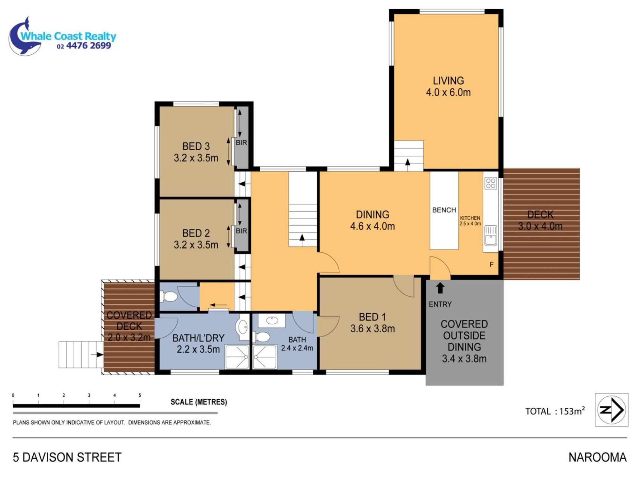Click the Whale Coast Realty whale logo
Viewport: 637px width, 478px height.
pyautogui.click(x=25, y=37)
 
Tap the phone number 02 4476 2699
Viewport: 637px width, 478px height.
pyautogui.click(x=84, y=46)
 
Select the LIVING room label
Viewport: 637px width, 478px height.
pyautogui.click(x=448, y=81)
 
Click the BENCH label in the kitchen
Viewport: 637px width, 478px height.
pyautogui.click(x=444, y=210)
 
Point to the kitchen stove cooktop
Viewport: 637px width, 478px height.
pyautogui.click(x=491, y=183)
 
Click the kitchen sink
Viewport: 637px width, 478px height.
pyautogui.click(x=491, y=236)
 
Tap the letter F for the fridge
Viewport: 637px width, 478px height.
pyautogui.click(x=491, y=265)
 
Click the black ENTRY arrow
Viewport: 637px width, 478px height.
pyautogui.click(x=440, y=288)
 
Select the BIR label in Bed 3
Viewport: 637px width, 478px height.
pyautogui.click(x=241, y=143)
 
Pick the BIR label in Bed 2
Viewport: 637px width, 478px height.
pyautogui.click(x=241, y=231)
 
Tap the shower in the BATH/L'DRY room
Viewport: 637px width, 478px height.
pyautogui.click(x=237, y=357)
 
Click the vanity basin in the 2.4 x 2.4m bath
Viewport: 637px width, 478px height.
pyautogui.click(x=272, y=320)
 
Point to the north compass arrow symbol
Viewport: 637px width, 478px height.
pyautogui.click(x=611, y=410)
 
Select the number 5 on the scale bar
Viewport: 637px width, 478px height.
pyautogui.click(x=140, y=395)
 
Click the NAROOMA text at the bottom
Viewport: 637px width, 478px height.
pyautogui.click(x=597, y=457)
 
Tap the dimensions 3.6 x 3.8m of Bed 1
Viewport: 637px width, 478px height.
pyautogui.click(x=372, y=329)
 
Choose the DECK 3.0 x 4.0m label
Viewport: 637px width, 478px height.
pyautogui.click(x=540, y=220)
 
